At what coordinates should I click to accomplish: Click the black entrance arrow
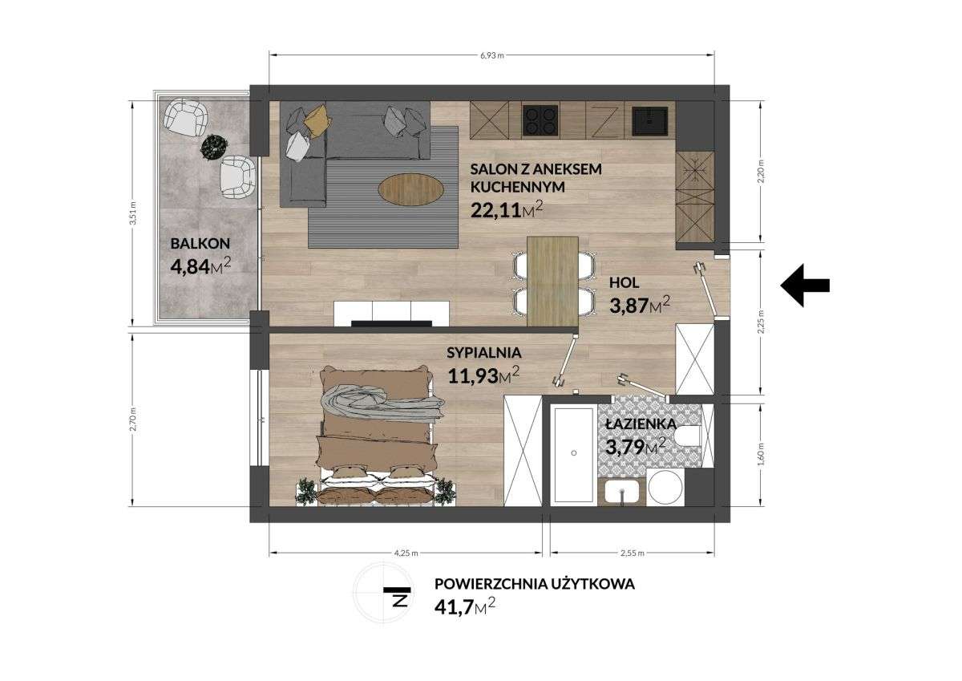(805, 285)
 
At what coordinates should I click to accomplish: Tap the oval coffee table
(411, 190)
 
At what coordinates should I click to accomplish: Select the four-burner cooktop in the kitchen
(541, 121)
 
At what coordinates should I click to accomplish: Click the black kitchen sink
(652, 120)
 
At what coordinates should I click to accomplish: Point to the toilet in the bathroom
(687, 437)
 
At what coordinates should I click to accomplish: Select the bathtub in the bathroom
(573, 453)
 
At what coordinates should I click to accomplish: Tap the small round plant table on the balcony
(213, 145)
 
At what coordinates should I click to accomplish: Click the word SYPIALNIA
(484, 351)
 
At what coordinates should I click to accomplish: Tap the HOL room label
(624, 282)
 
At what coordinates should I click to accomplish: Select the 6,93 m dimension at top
(491, 55)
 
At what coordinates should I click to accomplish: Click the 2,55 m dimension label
(633, 553)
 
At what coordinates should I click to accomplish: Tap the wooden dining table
(553, 281)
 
